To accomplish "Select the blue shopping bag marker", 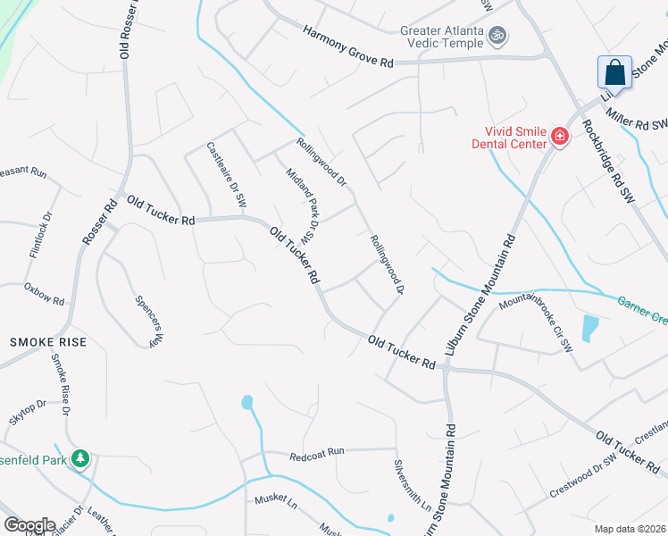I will click(614, 72).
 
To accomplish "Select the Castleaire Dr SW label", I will click(227, 176).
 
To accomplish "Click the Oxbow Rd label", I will click(45, 295).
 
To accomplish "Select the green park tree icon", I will click(81, 458).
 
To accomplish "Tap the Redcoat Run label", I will click(317, 454).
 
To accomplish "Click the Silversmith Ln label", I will click(412, 486).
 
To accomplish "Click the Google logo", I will click(29, 525).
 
